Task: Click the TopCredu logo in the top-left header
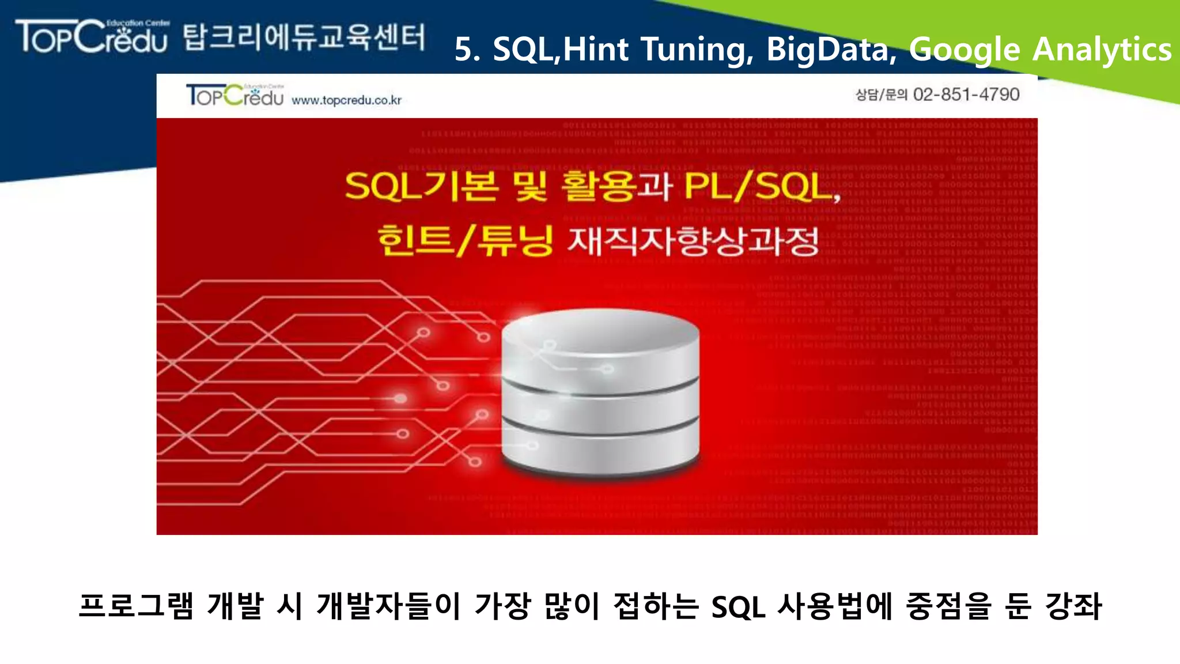point(92,36)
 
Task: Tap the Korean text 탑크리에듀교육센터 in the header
point(304,37)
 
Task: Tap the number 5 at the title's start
point(466,50)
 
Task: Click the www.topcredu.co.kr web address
point(346,100)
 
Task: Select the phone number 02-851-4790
point(966,95)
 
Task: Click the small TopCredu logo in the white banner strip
point(235,95)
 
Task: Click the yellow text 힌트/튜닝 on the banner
point(466,241)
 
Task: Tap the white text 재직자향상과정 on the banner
point(693,241)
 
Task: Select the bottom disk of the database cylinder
point(600,452)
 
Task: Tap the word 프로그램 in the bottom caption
point(136,606)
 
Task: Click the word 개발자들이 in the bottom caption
point(388,606)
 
